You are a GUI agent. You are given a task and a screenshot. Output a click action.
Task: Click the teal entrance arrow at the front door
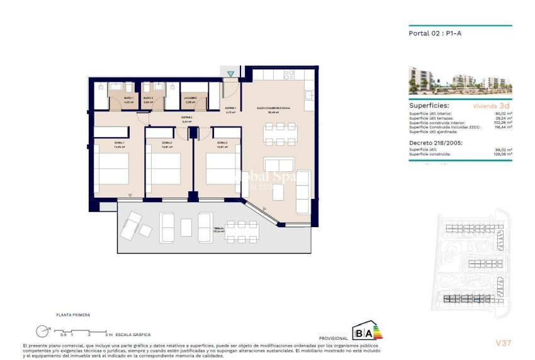[x=231, y=74]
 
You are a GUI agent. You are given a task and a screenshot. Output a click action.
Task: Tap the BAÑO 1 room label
[x=128, y=98]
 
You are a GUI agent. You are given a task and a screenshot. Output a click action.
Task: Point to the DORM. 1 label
[x=119, y=143]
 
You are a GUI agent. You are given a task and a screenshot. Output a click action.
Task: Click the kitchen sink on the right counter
[x=308, y=96]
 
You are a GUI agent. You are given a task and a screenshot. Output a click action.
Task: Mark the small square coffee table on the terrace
[x=186, y=227]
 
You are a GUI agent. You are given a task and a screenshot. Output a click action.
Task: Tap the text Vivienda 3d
[x=494, y=106]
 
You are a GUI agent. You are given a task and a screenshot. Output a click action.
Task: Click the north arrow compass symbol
[x=42, y=329]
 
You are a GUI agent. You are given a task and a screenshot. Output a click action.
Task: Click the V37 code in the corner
[x=503, y=343]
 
